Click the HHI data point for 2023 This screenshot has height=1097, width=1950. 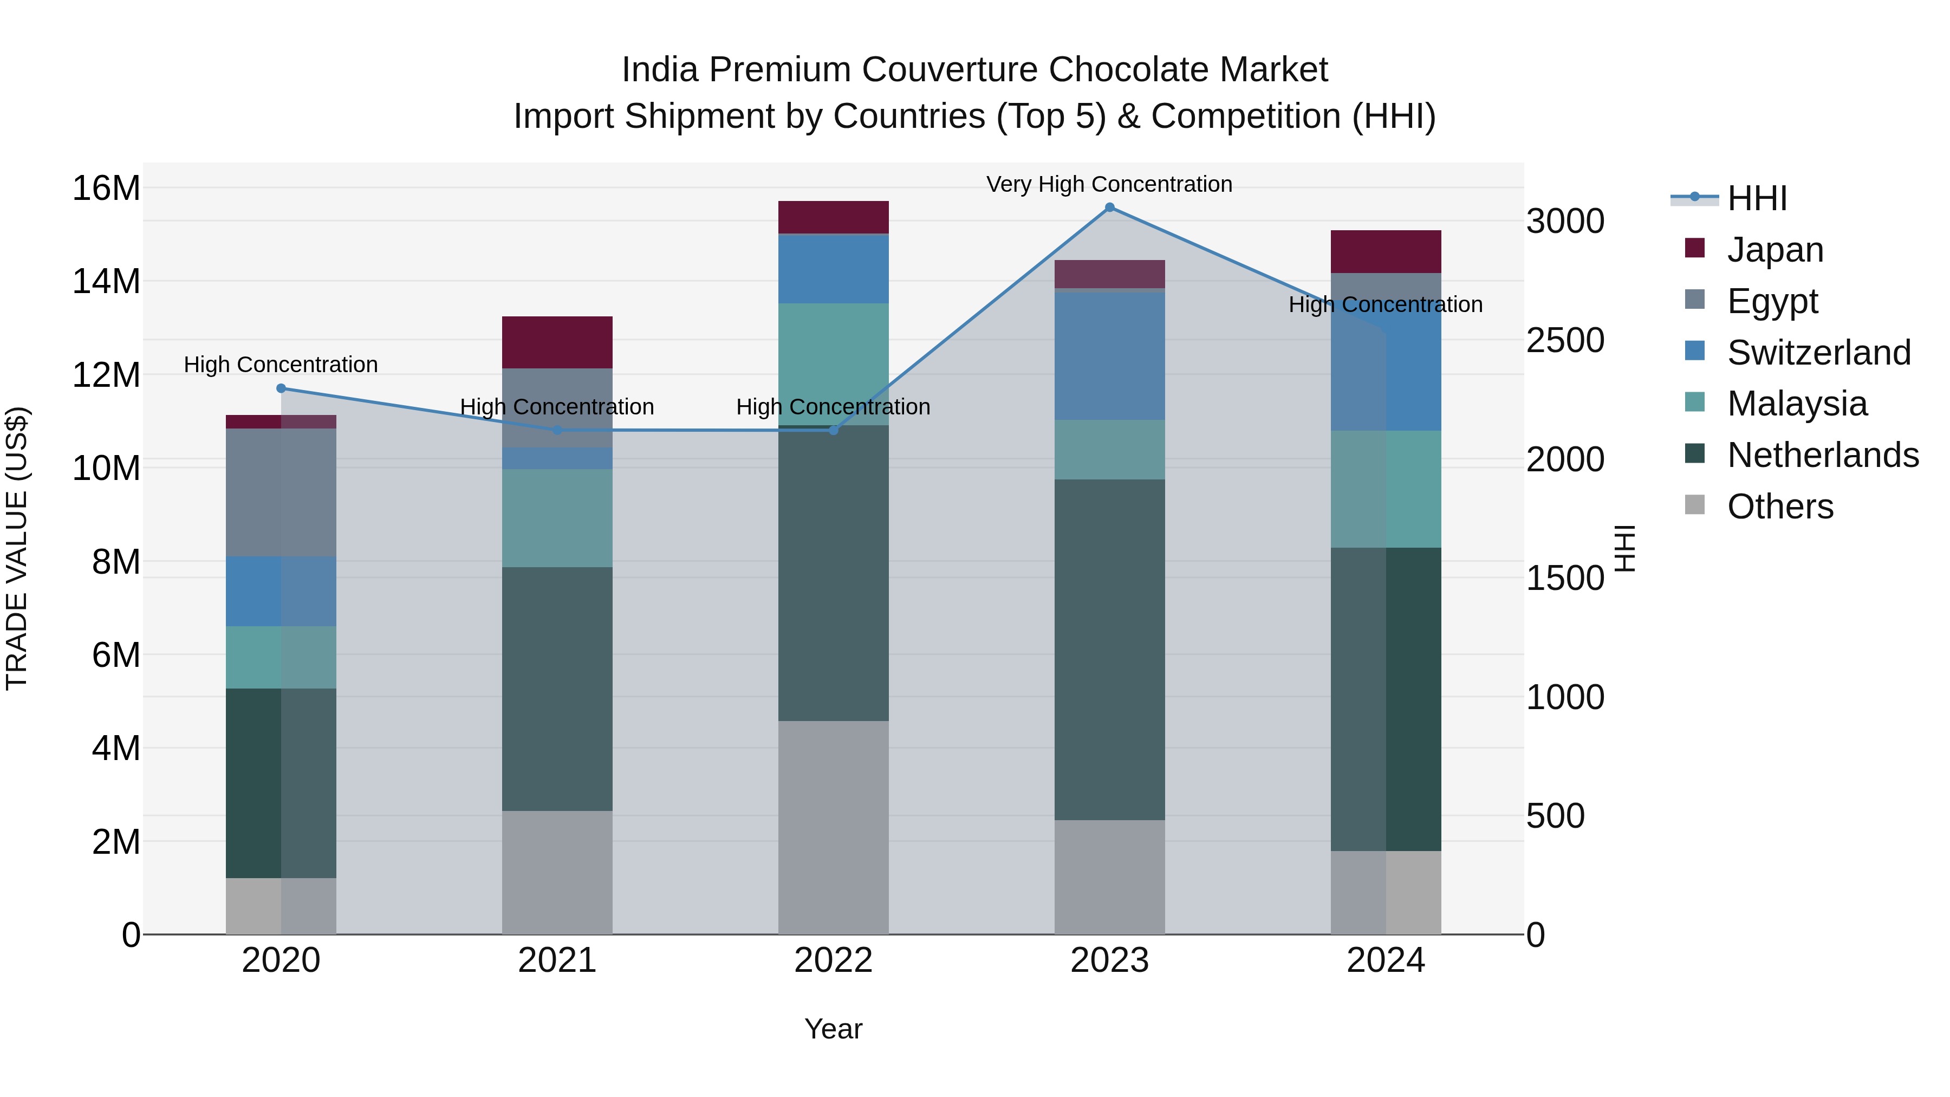(1110, 207)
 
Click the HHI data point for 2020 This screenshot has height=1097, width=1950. (281, 388)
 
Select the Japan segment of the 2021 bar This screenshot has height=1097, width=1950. (557, 342)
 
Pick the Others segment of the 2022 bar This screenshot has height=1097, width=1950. (834, 827)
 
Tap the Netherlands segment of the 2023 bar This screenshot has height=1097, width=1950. (1110, 650)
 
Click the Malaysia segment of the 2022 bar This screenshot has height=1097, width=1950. (834, 364)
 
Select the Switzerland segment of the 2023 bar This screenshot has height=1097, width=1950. (1110, 356)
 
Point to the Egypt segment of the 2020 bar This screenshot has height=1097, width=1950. (281, 492)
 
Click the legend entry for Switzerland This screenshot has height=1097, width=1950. (1818, 353)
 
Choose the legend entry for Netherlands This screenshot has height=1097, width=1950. (1823, 456)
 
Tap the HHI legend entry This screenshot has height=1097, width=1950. (1756, 198)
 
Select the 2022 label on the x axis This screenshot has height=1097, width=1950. (834, 960)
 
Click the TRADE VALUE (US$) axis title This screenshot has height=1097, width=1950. (17, 548)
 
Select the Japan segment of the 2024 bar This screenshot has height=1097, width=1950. (1386, 251)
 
